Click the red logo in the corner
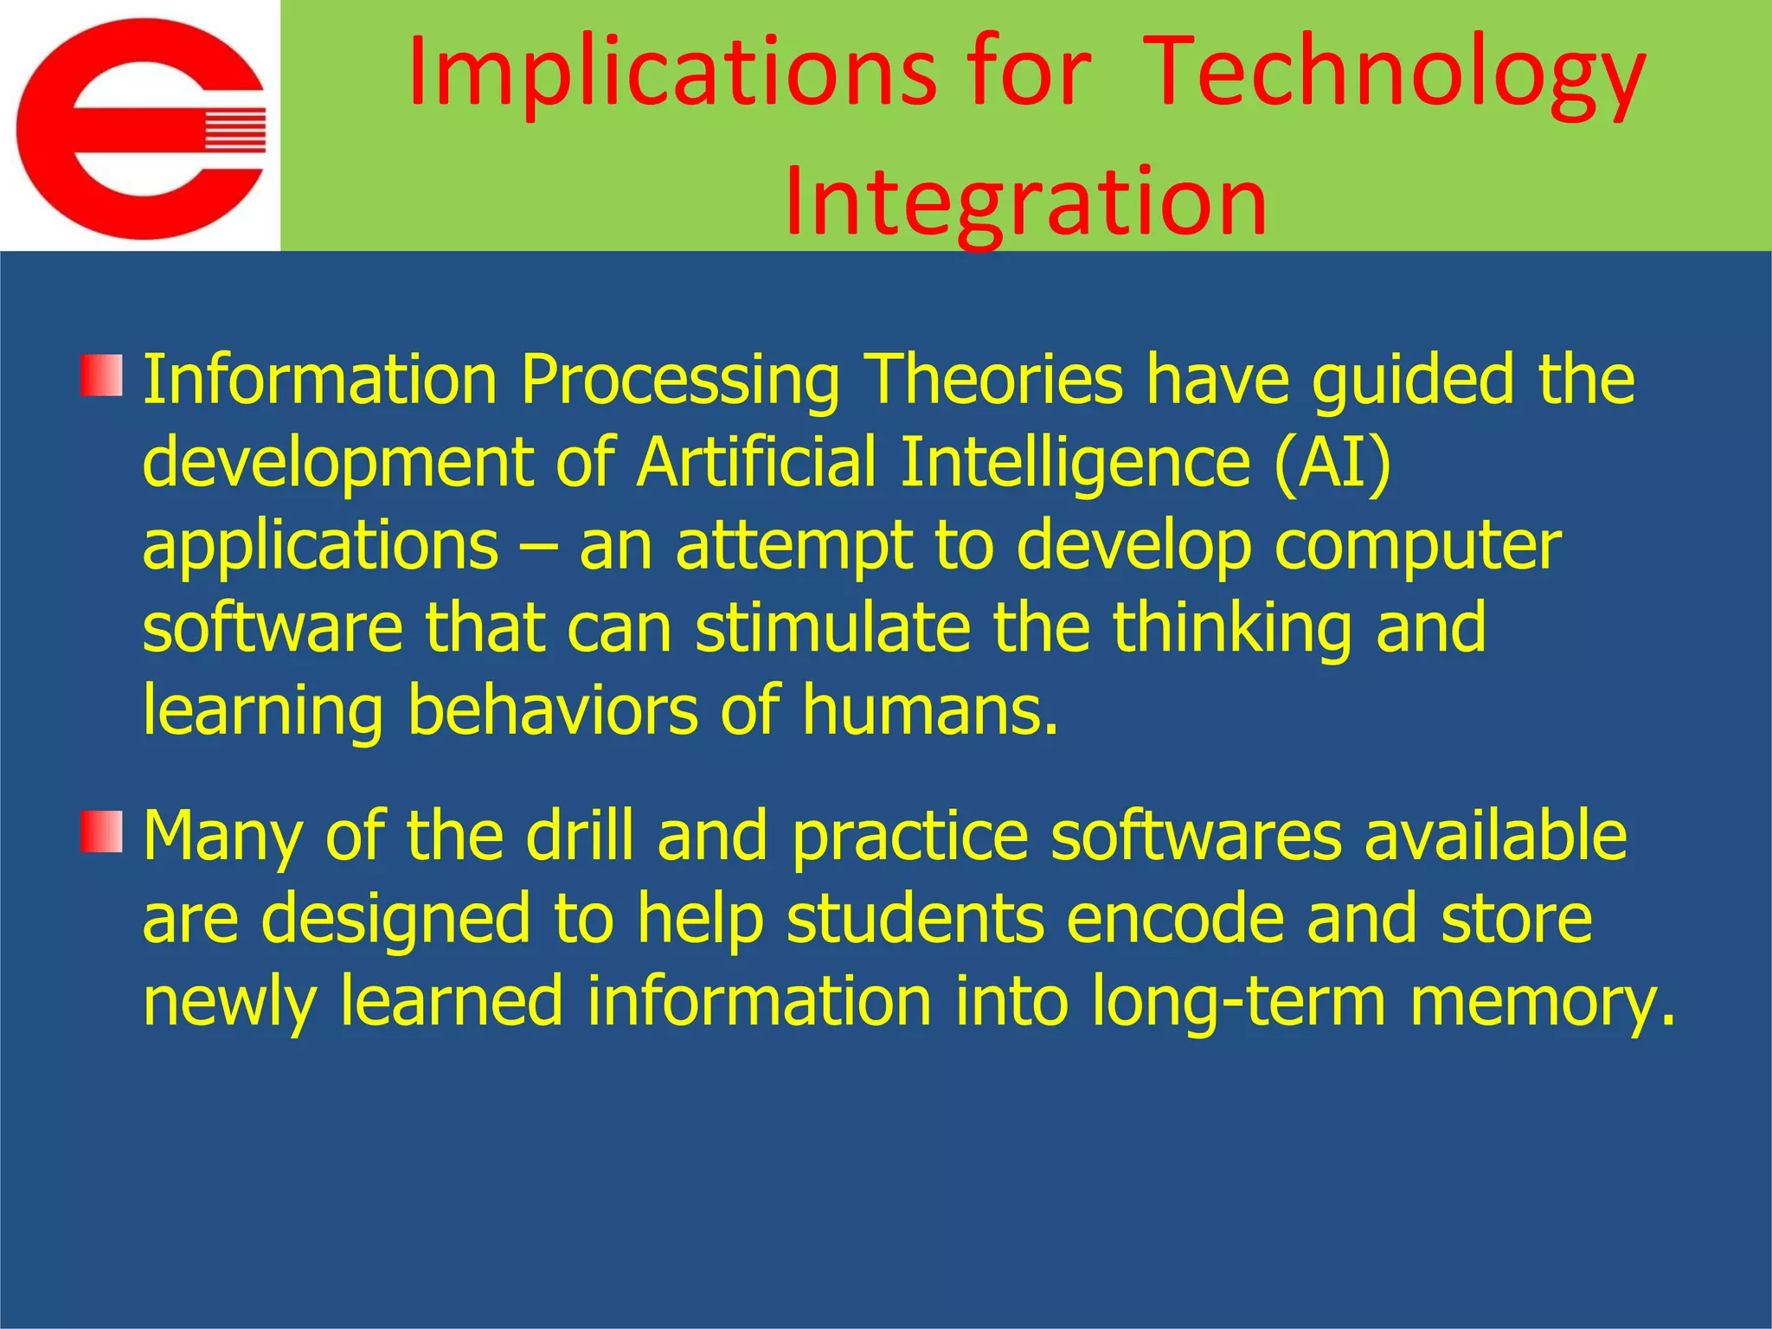pos(141,128)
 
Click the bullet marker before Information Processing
pos(101,376)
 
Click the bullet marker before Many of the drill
pos(101,831)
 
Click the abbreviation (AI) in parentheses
pos(1332,462)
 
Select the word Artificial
pos(756,462)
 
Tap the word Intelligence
pos(1075,462)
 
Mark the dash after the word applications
pos(538,547)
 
